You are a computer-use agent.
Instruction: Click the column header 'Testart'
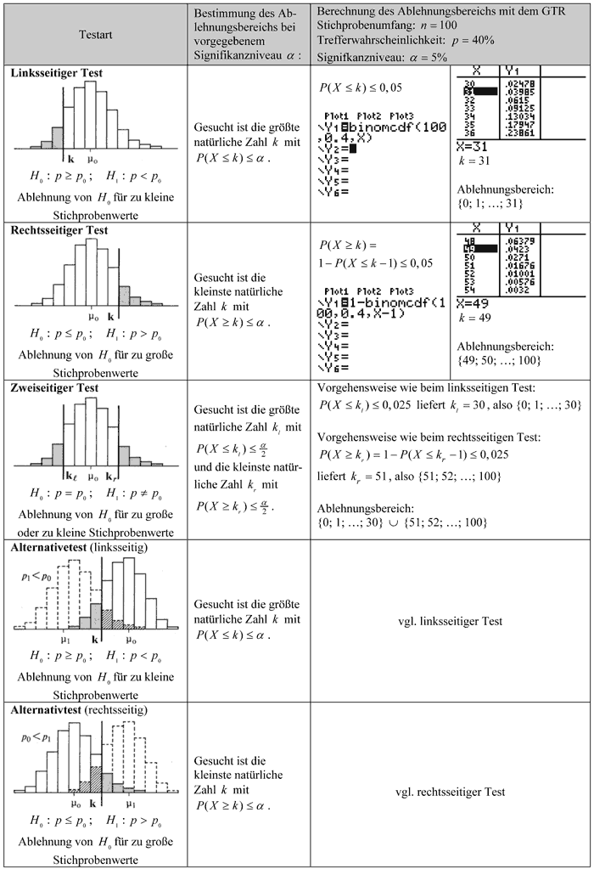95,37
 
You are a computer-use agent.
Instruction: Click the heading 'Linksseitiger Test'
57,73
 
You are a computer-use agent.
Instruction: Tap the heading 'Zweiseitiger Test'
55,387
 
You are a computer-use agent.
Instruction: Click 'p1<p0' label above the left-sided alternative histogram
36,575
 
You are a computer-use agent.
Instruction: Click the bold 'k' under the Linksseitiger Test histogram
70,158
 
